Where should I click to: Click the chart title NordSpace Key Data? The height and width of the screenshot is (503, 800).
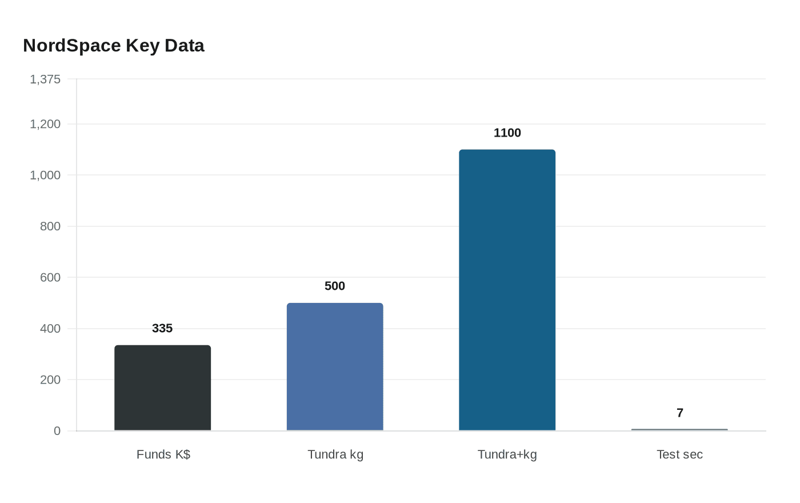(114, 46)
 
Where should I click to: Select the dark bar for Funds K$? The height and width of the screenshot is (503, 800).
(163, 388)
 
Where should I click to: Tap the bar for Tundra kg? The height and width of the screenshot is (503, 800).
(335, 367)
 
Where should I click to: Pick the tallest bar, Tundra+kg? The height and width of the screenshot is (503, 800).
(507, 290)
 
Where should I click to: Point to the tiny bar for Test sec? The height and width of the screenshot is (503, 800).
(679, 429)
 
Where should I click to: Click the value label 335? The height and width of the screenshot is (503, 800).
(162, 328)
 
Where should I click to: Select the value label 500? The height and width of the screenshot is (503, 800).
(335, 286)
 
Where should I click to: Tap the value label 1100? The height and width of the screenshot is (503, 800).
(507, 133)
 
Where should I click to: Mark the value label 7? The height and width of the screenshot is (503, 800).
(679, 413)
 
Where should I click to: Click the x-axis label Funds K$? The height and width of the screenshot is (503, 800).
(163, 454)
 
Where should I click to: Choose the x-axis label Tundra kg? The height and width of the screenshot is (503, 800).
(335, 454)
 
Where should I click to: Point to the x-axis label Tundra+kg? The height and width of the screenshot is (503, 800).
(507, 454)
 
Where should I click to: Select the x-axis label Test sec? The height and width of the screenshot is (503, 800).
(679, 454)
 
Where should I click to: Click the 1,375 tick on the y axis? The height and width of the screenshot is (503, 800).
(45, 79)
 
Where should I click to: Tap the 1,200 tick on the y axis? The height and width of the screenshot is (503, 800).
(45, 124)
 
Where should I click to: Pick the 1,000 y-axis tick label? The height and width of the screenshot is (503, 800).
(45, 175)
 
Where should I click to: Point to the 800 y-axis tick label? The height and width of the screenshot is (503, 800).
(50, 226)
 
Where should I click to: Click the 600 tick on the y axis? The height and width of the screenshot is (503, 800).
(50, 277)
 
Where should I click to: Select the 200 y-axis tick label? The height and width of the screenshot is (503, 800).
(50, 380)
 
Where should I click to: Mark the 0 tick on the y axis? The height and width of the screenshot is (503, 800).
(57, 431)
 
